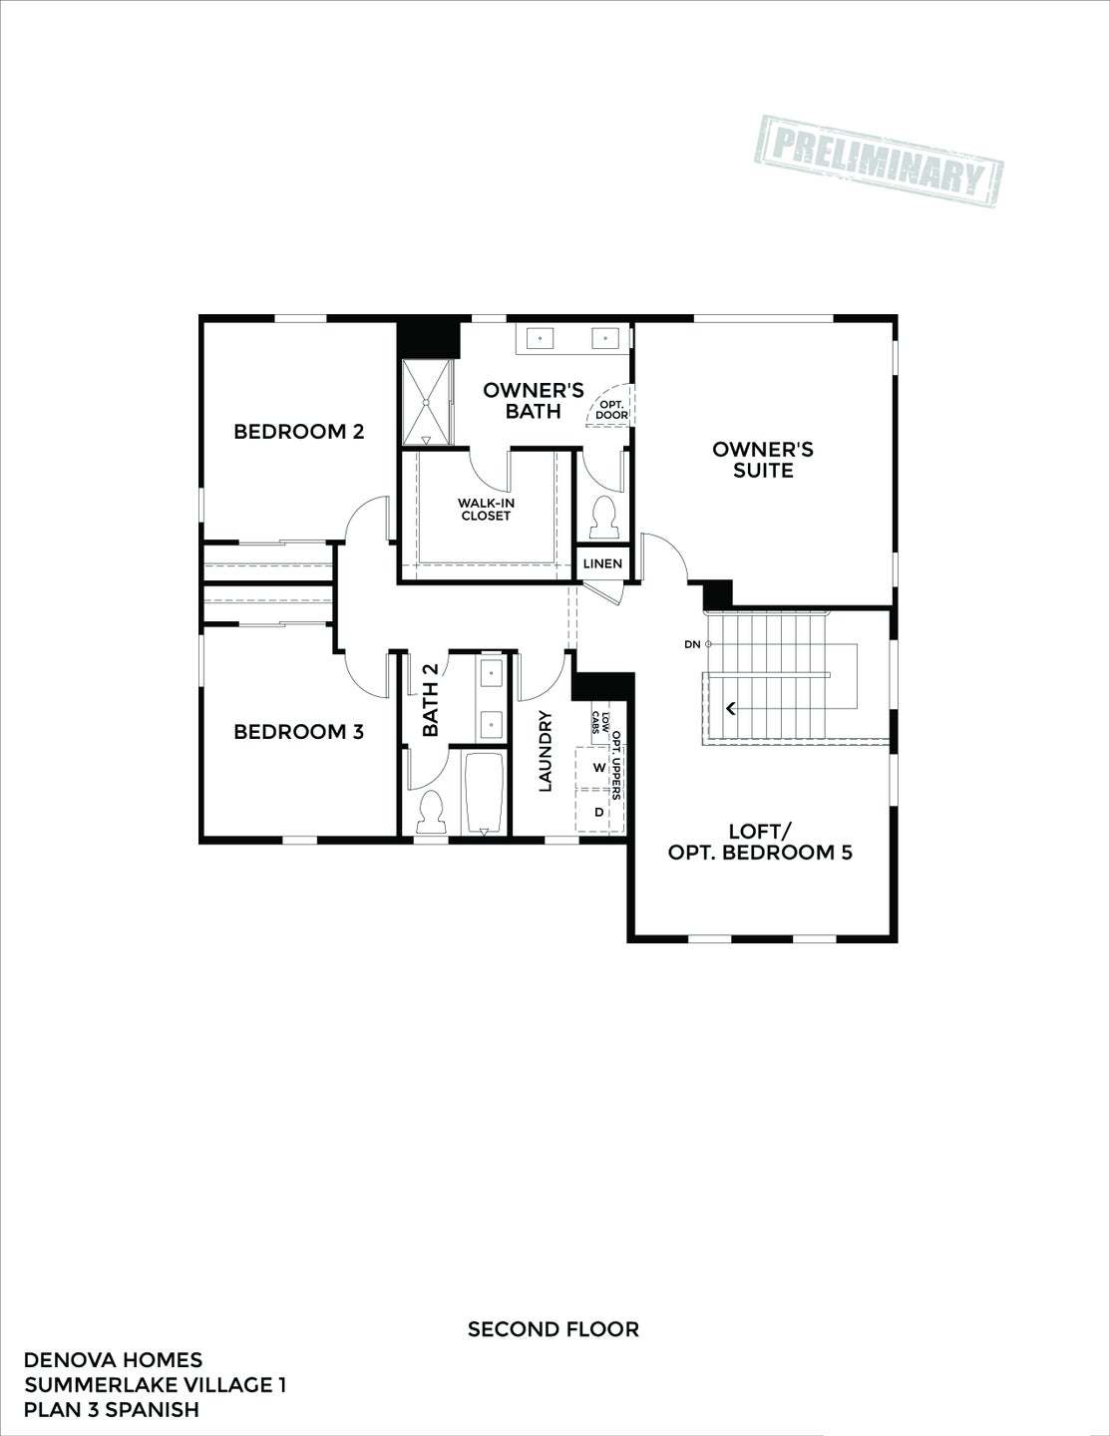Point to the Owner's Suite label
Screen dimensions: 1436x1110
click(763, 460)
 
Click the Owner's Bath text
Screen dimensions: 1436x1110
click(533, 401)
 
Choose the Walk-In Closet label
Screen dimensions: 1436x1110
click(486, 510)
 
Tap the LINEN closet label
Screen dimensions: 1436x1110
click(602, 564)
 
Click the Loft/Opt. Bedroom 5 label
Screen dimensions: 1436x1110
click(760, 842)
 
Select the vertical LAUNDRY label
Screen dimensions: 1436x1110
click(546, 751)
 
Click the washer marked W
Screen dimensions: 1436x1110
click(598, 768)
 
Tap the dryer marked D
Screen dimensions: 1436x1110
click(598, 813)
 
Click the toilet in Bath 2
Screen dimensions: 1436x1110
click(432, 812)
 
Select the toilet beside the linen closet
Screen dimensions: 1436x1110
click(602, 516)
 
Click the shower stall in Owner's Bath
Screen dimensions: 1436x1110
click(427, 402)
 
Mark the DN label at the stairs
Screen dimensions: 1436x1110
click(692, 645)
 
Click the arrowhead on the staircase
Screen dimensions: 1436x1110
click(731, 709)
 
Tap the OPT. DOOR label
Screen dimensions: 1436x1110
click(611, 410)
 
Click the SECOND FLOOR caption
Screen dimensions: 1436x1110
click(553, 1329)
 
